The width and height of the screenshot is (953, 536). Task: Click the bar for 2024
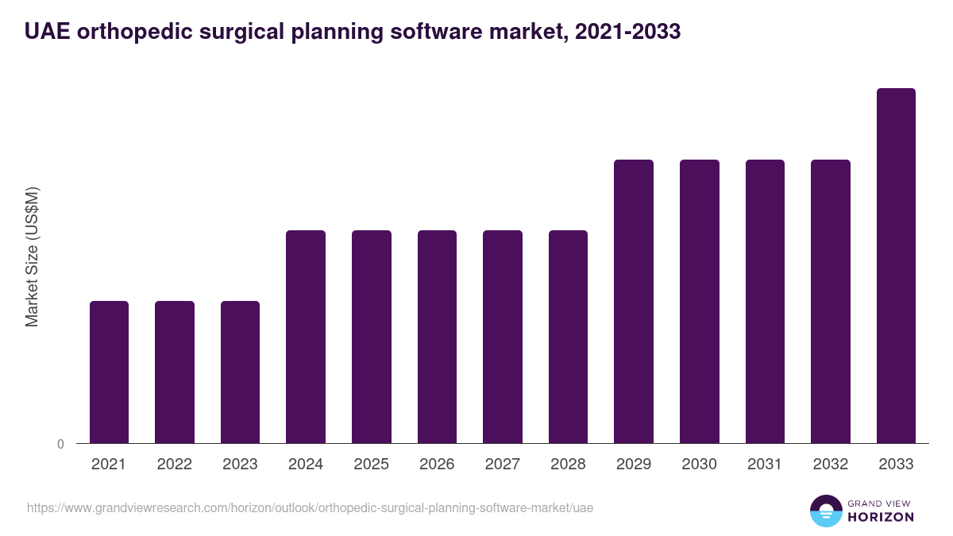[306, 337]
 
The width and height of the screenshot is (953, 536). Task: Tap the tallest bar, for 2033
[896, 265]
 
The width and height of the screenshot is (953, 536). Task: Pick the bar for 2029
[634, 301]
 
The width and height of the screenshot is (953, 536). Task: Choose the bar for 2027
[503, 337]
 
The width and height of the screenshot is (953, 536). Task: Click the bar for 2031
[765, 301]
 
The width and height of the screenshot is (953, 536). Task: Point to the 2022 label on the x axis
[175, 465]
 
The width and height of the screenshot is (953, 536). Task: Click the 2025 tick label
[372, 465]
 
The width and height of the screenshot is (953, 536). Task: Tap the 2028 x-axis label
[568, 465]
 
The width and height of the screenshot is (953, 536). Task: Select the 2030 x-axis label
[700, 465]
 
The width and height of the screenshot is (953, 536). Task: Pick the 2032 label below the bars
[831, 465]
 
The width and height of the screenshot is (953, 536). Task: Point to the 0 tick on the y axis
[61, 445]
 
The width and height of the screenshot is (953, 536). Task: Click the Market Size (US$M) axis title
[33, 256]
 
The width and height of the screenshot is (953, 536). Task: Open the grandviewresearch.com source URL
[310, 507]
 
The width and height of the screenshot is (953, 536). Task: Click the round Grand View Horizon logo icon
[825, 511]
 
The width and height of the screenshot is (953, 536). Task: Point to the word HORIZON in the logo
[881, 517]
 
